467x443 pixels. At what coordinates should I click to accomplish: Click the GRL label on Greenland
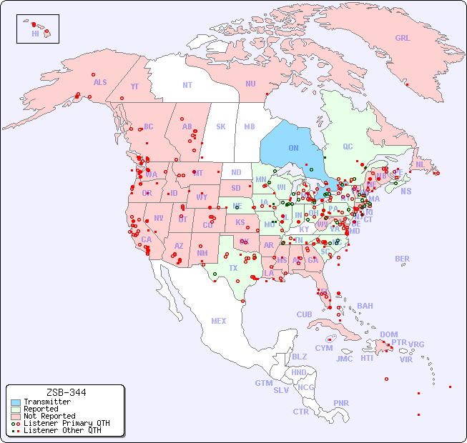[x=403, y=39]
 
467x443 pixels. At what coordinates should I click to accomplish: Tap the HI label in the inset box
[x=35, y=34]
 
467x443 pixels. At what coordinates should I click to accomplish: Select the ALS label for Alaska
[x=100, y=82]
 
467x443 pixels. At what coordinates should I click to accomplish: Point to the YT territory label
[x=134, y=86]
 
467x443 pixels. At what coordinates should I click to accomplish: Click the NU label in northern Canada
[x=250, y=84]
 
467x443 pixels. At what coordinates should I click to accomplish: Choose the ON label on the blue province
[x=293, y=148]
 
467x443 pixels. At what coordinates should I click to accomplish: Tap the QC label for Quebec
[x=348, y=146]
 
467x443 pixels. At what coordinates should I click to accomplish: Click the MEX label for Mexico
[x=219, y=321]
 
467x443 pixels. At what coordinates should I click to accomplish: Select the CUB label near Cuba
[x=304, y=314]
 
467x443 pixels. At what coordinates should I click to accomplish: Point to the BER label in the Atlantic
[x=403, y=259]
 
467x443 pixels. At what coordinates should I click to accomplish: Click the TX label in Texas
[x=233, y=268]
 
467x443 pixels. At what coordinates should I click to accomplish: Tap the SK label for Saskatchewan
[x=221, y=126]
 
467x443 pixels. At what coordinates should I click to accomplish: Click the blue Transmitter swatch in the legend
[x=16, y=402]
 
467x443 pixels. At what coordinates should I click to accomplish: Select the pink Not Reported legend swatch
[x=16, y=416]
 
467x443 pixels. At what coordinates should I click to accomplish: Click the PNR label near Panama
[x=341, y=403]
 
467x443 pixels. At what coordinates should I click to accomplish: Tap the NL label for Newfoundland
[x=421, y=164]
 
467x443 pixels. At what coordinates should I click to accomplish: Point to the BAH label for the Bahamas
[x=365, y=306]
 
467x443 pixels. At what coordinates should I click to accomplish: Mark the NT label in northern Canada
[x=187, y=84]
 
